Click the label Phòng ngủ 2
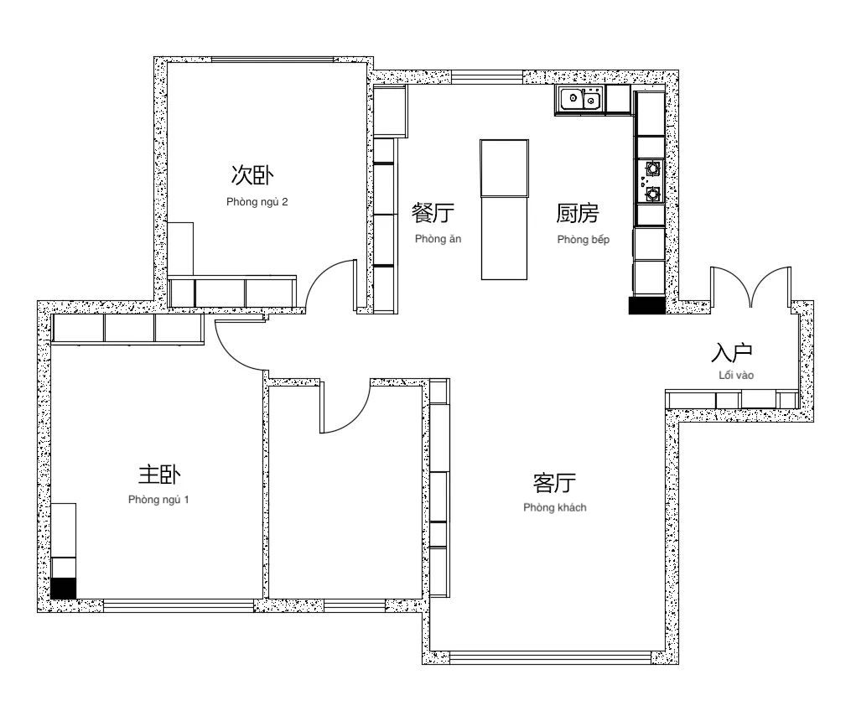pos(257,202)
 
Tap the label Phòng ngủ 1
pos(158,500)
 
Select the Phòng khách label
pos(555,508)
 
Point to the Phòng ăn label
pos(438,239)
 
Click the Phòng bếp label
pos(583,240)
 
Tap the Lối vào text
pos(736,375)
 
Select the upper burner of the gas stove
pos(653,167)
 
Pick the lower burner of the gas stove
pos(653,194)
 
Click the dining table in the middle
pos(505,210)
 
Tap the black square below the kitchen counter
pos(647,306)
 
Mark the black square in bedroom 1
pos(64,588)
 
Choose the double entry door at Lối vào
pos(750,287)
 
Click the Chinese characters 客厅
pos(554,483)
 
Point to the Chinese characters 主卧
pos(159,475)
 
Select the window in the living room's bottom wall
pos(550,657)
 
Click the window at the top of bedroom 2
pos(272,60)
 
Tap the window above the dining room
pos(487,77)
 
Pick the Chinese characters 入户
pos(732,353)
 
